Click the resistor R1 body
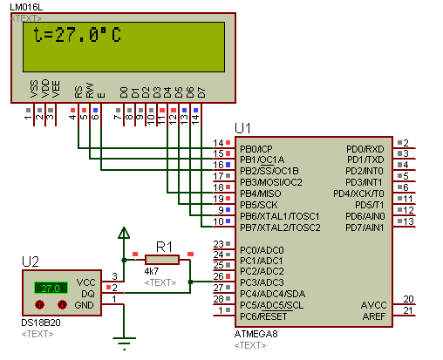click(162, 260)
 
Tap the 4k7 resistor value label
click(152, 271)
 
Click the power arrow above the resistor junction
click(124, 233)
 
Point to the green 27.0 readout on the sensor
click(51, 289)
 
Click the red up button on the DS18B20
click(40, 304)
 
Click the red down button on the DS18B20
click(62, 304)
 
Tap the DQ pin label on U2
click(88, 294)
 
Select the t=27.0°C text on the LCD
click(77, 35)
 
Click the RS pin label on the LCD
click(78, 92)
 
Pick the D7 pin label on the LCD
click(201, 92)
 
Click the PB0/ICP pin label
click(256, 149)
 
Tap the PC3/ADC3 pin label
click(262, 282)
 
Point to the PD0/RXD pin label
click(365, 149)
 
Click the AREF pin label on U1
click(374, 316)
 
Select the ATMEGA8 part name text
click(256, 334)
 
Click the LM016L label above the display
click(26, 7)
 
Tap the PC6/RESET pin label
click(263, 316)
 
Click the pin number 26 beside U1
click(219, 276)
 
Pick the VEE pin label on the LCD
click(56, 89)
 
